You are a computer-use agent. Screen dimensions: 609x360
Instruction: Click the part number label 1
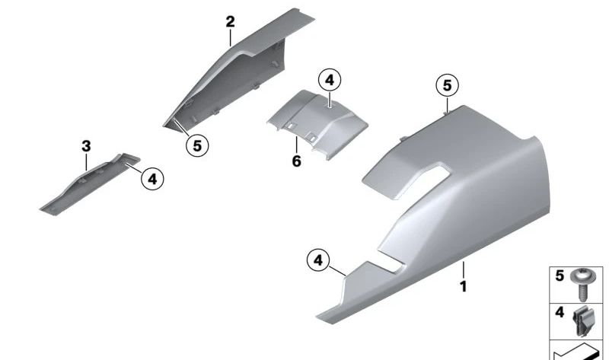[x=463, y=287]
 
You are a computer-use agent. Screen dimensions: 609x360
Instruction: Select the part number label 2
[x=231, y=22]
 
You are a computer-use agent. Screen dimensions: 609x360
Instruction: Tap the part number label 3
[x=86, y=146]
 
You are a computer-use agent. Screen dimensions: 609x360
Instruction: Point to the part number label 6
[x=296, y=161]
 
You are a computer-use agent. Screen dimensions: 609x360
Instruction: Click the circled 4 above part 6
[x=330, y=81]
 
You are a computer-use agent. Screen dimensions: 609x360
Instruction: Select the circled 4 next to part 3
[x=152, y=179]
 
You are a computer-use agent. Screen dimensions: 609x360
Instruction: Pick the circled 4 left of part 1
[x=318, y=260]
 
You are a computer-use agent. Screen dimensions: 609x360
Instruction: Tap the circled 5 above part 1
[x=447, y=85]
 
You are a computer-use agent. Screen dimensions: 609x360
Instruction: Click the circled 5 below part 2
[x=197, y=146]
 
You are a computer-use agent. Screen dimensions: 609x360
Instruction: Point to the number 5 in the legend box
[x=560, y=276]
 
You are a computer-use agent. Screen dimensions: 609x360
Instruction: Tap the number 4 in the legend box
[x=560, y=312]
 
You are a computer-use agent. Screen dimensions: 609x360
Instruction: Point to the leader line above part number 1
[x=463, y=270]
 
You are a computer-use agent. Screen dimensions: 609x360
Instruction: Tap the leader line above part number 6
[x=296, y=145]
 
